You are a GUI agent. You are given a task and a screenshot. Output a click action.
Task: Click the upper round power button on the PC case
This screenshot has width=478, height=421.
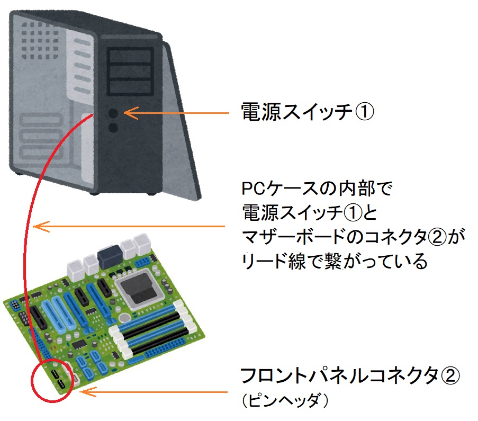[x=113, y=113]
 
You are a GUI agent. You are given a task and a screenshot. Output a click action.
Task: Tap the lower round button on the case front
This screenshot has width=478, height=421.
[x=113, y=128]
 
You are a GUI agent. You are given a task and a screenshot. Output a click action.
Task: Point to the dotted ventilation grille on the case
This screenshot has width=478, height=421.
[x=40, y=40]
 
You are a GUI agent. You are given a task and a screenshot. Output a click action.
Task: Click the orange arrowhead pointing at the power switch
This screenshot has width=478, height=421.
[x=131, y=113]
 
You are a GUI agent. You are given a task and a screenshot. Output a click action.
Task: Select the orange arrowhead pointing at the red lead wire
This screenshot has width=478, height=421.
[x=41, y=226]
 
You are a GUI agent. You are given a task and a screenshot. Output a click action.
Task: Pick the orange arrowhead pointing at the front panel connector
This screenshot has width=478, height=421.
[x=88, y=392]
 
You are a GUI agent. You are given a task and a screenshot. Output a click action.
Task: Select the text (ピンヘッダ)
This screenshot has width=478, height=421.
[x=285, y=400]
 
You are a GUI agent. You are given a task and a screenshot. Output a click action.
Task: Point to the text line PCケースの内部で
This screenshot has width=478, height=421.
[x=317, y=189]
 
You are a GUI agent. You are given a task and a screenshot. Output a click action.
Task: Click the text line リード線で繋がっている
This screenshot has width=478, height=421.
[x=335, y=261]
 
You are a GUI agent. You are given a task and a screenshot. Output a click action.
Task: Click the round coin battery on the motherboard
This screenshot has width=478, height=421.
[x=124, y=318]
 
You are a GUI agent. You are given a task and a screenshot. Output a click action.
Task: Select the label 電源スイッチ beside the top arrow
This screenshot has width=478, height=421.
[x=296, y=112]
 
